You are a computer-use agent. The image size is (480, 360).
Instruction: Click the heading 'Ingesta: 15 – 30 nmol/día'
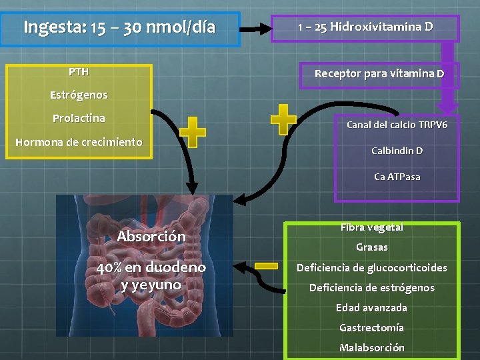(119, 28)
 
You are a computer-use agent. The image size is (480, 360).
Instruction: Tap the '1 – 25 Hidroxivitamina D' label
(365, 27)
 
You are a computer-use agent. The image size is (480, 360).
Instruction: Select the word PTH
(79, 71)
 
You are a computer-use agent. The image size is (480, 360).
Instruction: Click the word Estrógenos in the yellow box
(79, 95)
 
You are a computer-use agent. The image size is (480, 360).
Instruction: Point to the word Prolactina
(79, 119)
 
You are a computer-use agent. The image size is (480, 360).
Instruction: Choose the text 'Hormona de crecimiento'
(79, 142)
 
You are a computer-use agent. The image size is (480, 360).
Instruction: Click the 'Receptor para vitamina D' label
(379, 73)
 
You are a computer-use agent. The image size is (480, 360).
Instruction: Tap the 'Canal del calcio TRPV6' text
(397, 125)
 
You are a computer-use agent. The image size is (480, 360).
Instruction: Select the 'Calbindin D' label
(397, 151)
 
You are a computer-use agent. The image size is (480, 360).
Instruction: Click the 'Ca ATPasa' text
(397, 177)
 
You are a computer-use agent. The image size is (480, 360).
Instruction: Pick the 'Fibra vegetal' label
(371, 227)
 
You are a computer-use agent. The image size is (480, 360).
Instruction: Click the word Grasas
(371, 247)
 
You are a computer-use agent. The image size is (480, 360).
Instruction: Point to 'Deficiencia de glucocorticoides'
(371, 268)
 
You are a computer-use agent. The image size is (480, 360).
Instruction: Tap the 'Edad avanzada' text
(371, 308)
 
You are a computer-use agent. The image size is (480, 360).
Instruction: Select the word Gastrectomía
(371, 328)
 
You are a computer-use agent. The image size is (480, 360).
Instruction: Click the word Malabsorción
(371, 348)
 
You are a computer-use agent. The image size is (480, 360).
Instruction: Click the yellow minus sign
(267, 265)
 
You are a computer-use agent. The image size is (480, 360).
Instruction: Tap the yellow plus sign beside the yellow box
(193, 132)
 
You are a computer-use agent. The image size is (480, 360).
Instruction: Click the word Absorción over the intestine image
(151, 237)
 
